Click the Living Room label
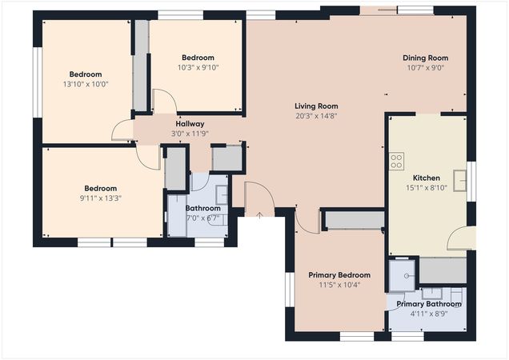(316, 106)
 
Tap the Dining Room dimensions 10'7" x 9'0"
(425, 68)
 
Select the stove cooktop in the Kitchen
(395, 162)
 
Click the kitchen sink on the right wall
(460, 181)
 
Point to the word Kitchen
(426, 178)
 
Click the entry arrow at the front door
(260, 214)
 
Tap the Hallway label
(190, 124)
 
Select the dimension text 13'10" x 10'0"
(85, 84)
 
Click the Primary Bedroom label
(339, 275)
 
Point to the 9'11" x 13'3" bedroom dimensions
(101, 198)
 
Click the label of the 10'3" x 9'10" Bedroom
(198, 58)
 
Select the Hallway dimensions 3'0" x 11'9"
(190, 134)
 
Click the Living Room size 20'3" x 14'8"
(316, 116)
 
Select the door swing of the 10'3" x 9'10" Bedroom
(164, 102)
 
